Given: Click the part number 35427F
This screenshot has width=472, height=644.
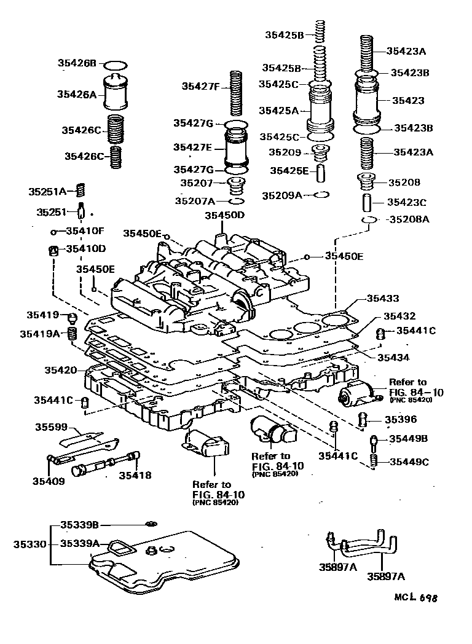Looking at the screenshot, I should click(200, 87).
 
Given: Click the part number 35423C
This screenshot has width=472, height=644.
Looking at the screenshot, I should click(410, 201).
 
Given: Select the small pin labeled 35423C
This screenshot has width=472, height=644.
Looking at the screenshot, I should click(367, 202).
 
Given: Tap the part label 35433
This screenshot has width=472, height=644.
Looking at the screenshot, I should click(383, 298).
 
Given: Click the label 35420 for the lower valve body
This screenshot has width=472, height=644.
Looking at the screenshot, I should click(60, 370).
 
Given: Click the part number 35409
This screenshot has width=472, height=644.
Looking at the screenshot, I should click(49, 481).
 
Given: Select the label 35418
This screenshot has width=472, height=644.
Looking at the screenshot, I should click(135, 475).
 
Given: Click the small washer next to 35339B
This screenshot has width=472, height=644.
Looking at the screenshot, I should click(149, 524).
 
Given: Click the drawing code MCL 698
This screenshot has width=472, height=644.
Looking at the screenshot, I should click(418, 597).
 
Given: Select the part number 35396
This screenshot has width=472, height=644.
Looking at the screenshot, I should click(401, 420).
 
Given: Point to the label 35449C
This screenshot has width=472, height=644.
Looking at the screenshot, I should click(407, 461).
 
